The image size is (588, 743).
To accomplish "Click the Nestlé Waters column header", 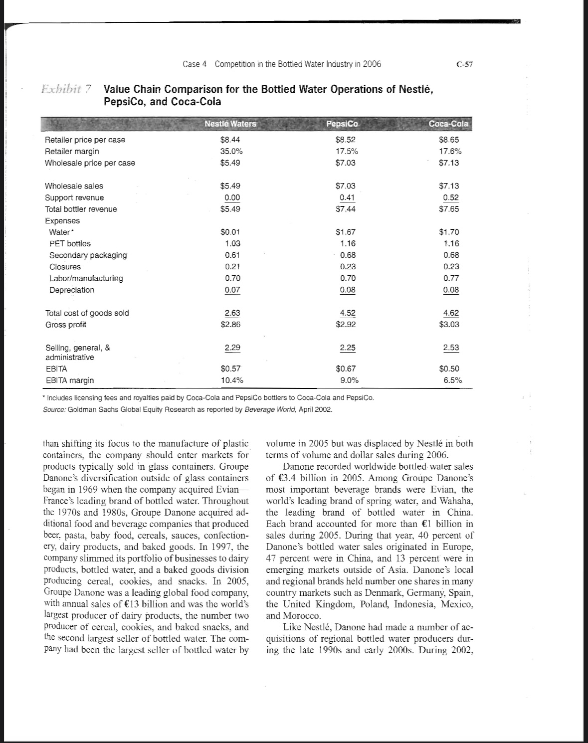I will point(230,124).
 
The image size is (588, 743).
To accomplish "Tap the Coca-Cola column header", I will point(449,124).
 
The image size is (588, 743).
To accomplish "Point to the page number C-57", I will point(464,64).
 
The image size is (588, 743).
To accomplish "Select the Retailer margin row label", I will point(72,151).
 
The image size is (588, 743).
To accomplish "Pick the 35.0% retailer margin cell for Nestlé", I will point(230,151).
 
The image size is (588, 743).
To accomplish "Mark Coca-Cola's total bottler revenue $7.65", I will point(449,209).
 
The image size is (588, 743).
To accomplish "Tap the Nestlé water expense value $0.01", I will point(230,232).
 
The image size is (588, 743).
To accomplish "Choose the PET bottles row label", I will point(70,243).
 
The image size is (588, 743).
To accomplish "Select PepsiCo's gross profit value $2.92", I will point(346,325).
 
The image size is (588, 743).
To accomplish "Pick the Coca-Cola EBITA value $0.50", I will point(449,369).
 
